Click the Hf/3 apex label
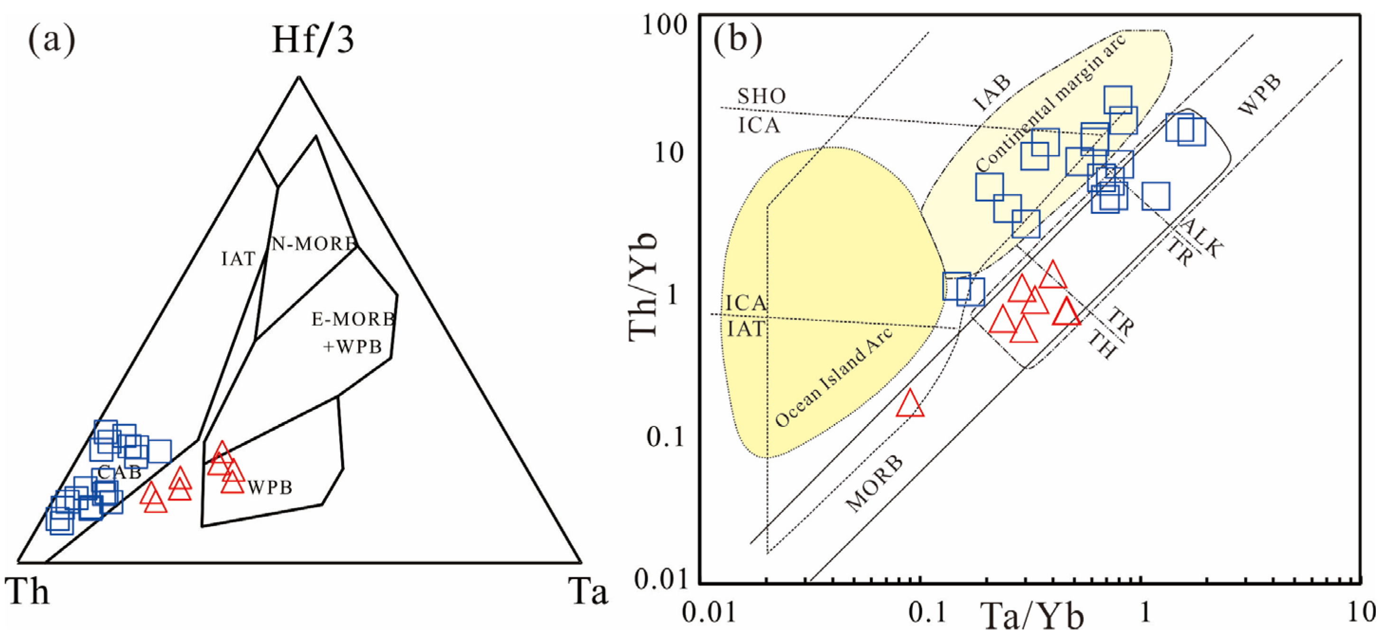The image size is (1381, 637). [x=313, y=41]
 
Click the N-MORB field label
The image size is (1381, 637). [x=314, y=244]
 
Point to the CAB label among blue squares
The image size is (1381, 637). [x=120, y=472]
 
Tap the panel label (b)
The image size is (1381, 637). [x=738, y=41]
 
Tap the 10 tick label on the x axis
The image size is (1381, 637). [x=1362, y=611]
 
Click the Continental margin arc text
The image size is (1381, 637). [x=1051, y=104]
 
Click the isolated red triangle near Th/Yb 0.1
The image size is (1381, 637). [x=910, y=404]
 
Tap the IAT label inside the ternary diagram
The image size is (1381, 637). [x=239, y=259]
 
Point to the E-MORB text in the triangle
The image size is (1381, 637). [x=353, y=320]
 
